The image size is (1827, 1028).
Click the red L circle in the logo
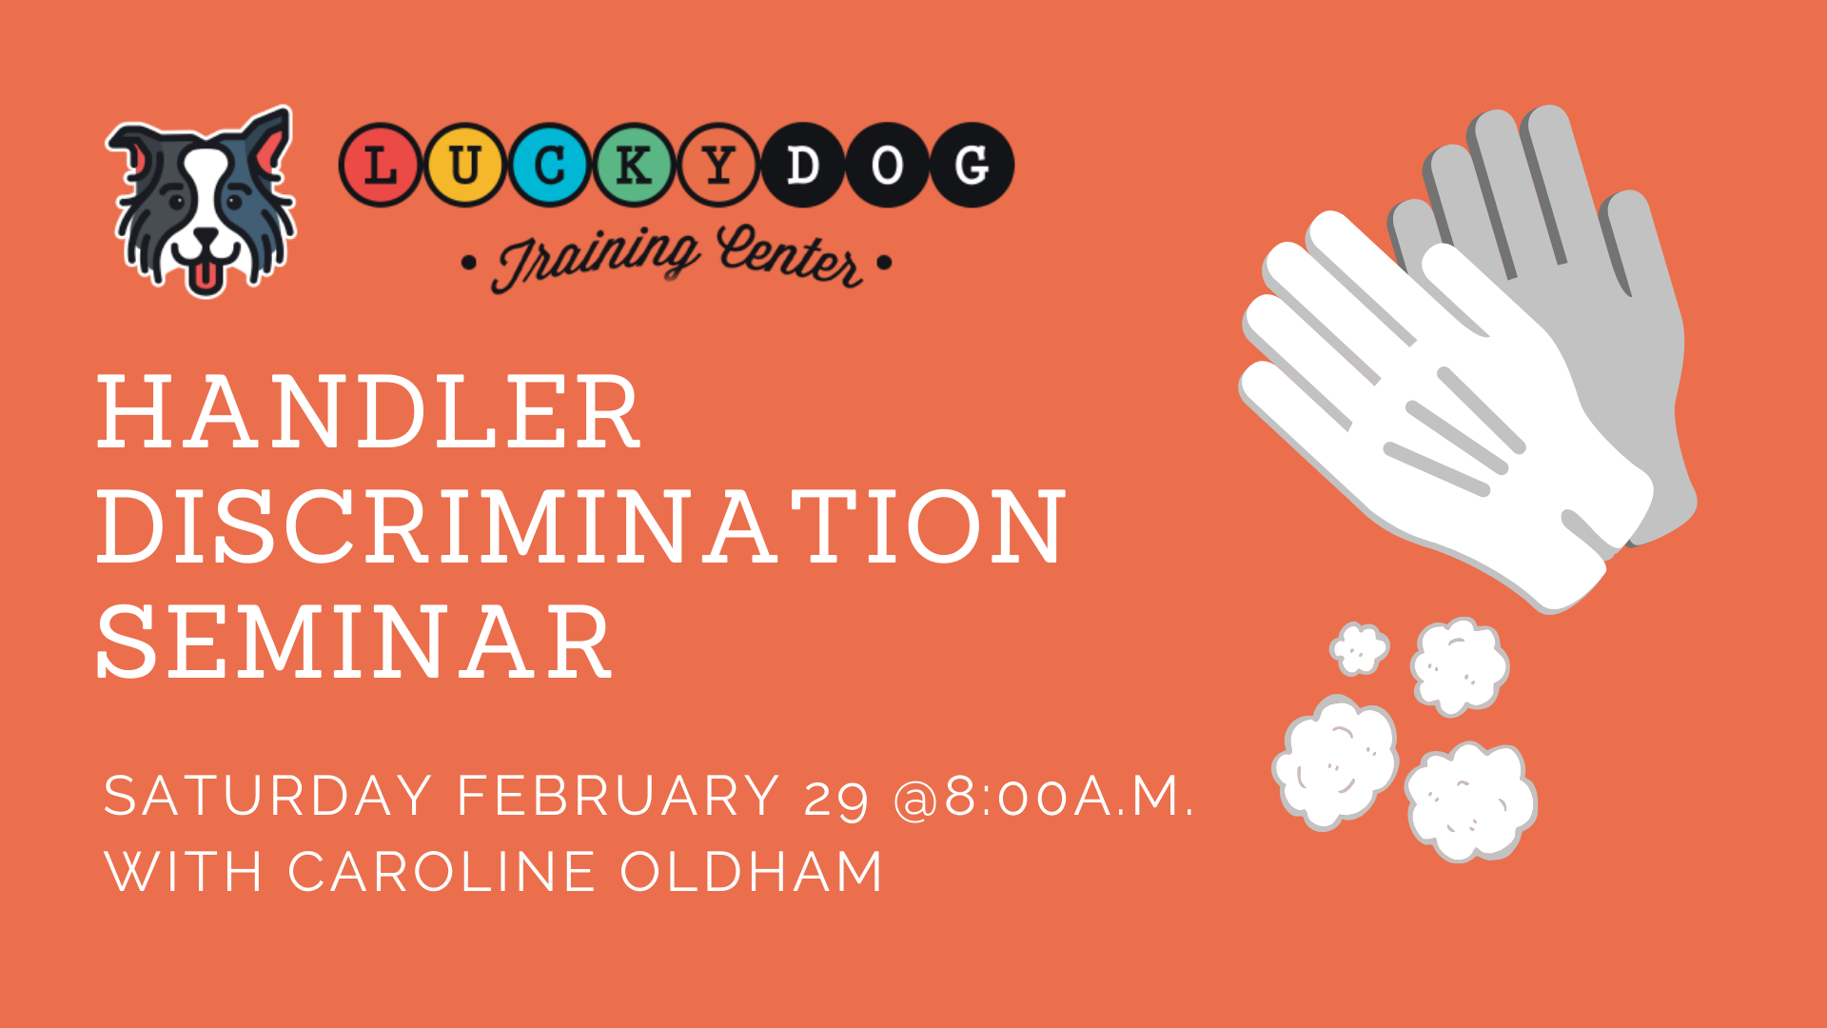coord(381,166)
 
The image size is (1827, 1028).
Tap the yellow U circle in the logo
coord(464,166)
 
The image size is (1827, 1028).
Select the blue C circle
coord(550,166)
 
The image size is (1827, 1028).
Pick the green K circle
coord(635,166)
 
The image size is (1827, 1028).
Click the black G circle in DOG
coord(972,166)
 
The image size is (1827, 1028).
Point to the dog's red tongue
coord(202,277)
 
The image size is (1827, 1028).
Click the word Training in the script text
coord(597,258)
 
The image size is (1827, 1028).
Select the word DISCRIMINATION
coord(581,526)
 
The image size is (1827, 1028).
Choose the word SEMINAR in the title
coord(354,642)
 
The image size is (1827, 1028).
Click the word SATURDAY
coord(268,796)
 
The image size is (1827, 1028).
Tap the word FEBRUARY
coord(619,796)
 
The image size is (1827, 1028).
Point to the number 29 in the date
coord(836,800)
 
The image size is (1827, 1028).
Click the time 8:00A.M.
coord(1069,796)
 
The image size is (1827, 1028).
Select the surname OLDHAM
coord(752,872)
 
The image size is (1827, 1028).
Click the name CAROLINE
coord(442,872)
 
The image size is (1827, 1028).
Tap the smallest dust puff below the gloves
coord(1359,649)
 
